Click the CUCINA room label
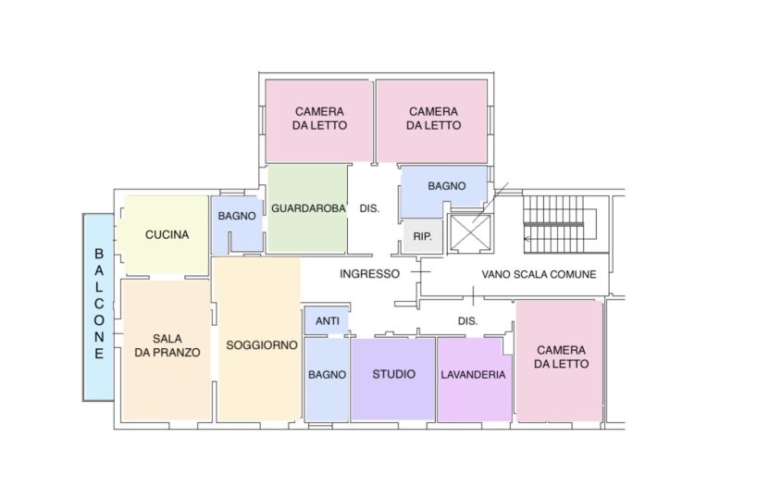coord(167,235)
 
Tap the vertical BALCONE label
coord(99,304)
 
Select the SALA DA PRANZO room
coord(168,350)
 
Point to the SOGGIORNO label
coord(262,345)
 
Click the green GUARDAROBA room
coord(307,208)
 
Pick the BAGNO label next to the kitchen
coord(237,216)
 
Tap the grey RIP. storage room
coord(422,237)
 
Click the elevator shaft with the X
coord(470,232)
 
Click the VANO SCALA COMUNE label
coord(539,274)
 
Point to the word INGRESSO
coord(370,274)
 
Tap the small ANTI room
coord(327,320)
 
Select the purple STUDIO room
coord(393,380)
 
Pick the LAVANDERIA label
coord(473,374)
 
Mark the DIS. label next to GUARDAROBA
coord(369,208)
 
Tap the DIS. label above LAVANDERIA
coord(467,320)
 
